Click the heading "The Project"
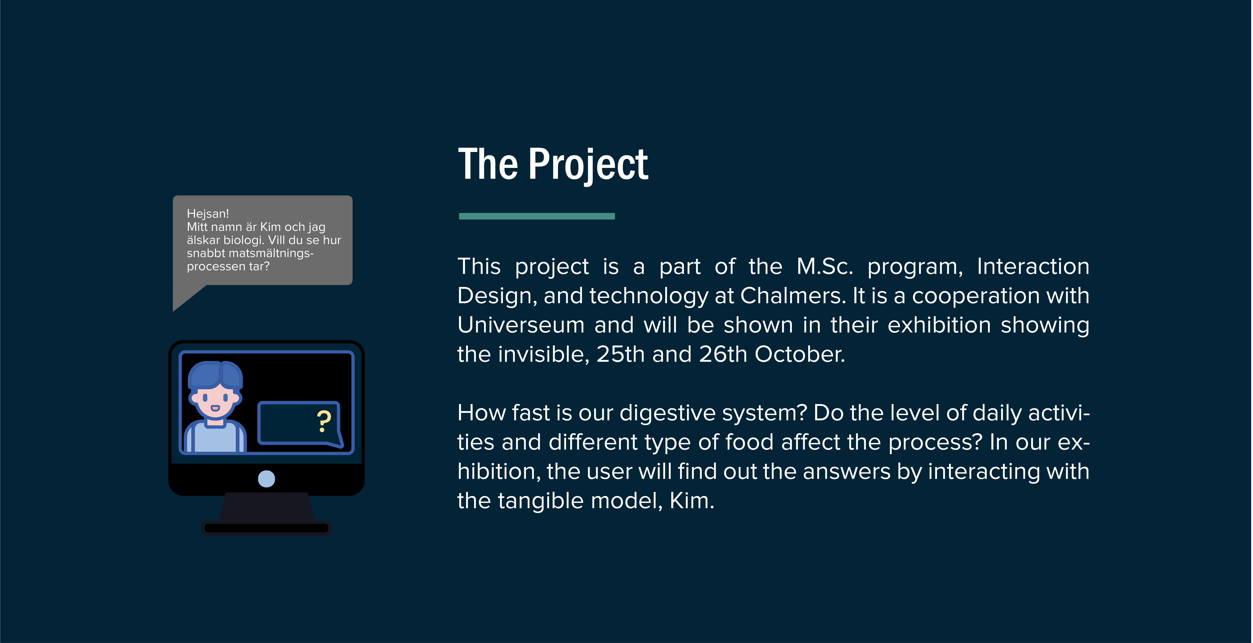point(553,165)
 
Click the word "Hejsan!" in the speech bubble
point(208,214)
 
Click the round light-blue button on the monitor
point(267,479)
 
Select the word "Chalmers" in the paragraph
point(793,296)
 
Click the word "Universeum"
point(521,325)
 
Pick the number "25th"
point(621,354)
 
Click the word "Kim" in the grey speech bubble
point(270,227)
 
